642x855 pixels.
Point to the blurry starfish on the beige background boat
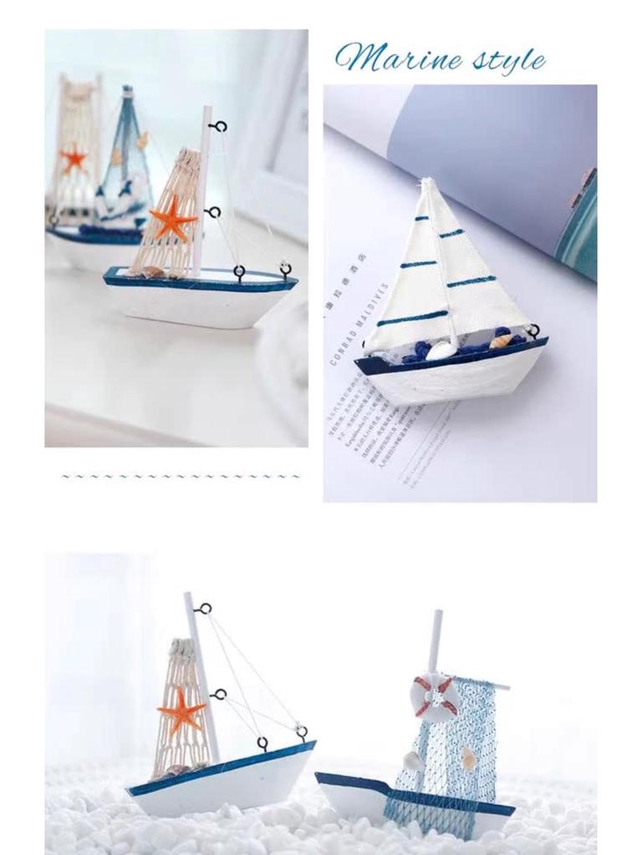click(74, 158)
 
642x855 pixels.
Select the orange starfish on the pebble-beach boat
click(181, 712)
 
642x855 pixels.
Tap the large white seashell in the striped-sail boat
click(441, 350)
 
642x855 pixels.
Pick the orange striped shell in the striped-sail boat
click(499, 340)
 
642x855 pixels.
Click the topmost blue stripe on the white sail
click(422, 219)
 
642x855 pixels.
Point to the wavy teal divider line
click(181, 477)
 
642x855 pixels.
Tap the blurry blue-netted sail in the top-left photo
click(125, 167)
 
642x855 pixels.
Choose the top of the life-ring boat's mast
click(436, 615)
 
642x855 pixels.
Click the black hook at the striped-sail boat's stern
click(533, 331)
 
